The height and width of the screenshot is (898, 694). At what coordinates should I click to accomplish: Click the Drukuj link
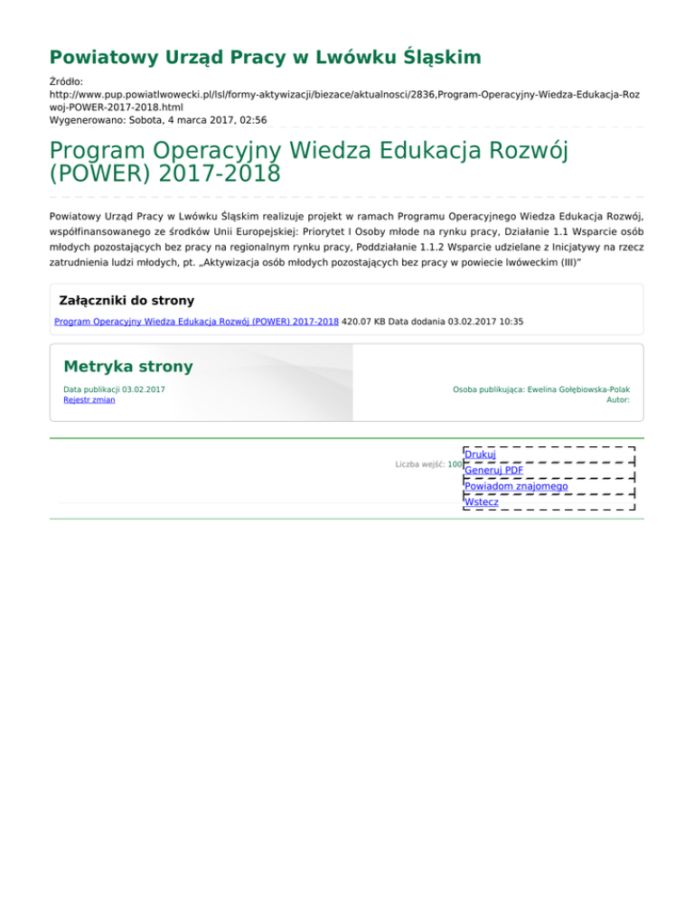479,454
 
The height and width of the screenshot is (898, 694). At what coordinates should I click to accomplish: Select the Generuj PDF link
493,470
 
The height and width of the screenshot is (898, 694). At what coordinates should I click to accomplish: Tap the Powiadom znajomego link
516,486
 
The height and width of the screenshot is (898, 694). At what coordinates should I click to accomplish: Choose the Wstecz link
481,501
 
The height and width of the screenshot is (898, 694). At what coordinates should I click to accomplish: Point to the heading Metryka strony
127,367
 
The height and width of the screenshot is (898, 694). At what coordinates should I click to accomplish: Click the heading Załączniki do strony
126,300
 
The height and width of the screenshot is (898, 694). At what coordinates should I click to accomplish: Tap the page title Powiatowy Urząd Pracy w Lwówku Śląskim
265,59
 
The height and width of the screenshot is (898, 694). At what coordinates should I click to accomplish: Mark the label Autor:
618,400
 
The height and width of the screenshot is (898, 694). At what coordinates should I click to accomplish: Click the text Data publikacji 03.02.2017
114,389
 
